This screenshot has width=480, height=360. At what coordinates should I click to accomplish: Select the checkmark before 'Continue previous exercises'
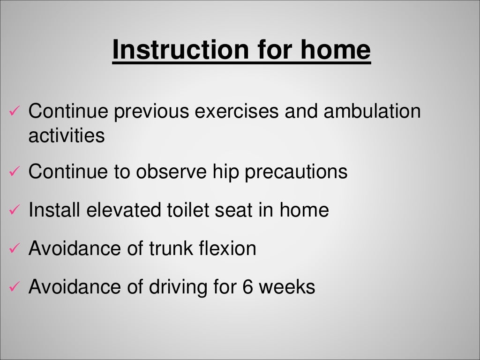coord(14,112)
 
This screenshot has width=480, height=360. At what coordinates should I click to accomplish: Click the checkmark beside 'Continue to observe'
coord(14,172)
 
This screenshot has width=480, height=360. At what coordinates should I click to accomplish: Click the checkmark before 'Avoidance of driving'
coord(14,287)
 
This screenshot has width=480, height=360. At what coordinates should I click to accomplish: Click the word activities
coord(66,136)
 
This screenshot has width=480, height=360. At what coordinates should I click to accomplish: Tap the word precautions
coord(296,172)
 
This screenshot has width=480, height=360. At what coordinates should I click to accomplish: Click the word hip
coord(225,172)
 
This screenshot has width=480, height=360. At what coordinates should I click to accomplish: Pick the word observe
coord(171,172)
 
